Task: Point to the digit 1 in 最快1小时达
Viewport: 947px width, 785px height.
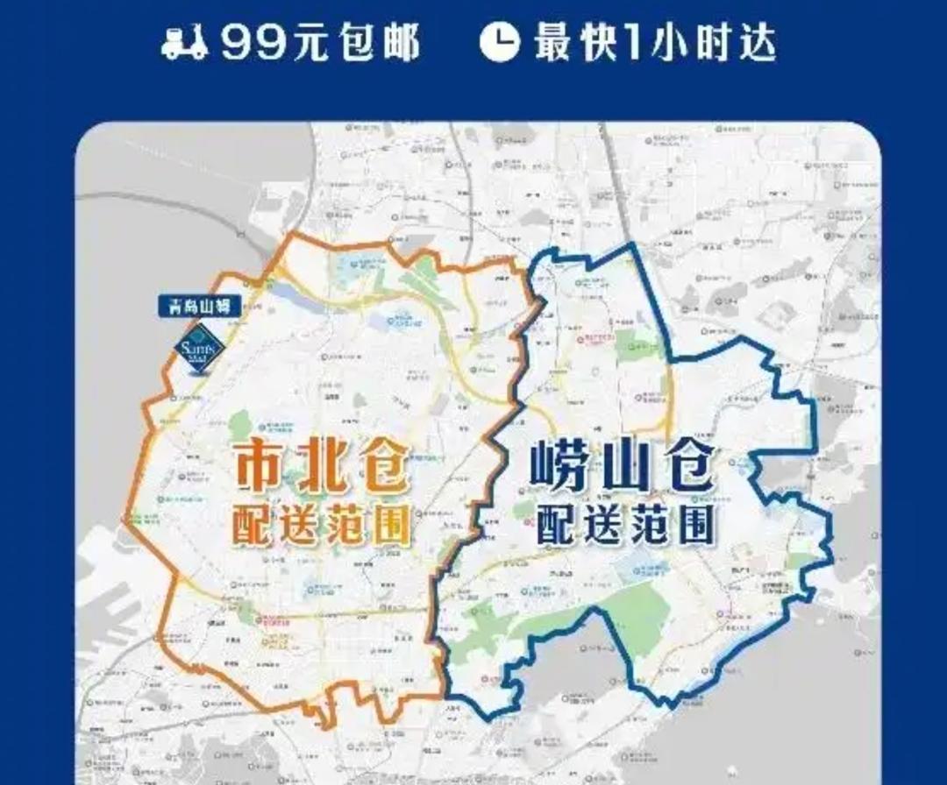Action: pyautogui.click(x=632, y=43)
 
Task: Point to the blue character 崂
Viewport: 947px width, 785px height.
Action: pyautogui.click(x=559, y=472)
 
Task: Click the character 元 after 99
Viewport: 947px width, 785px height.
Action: pyautogui.click(x=308, y=43)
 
